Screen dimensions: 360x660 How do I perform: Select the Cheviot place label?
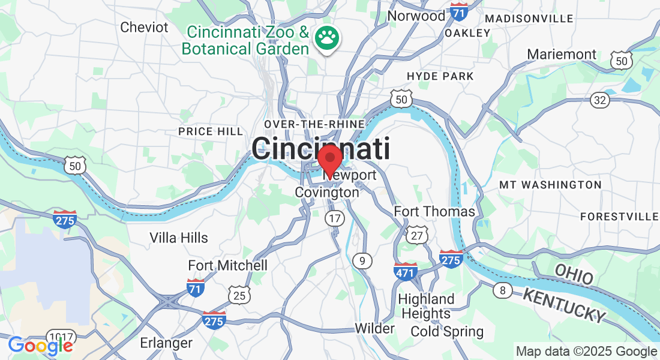tap(145, 27)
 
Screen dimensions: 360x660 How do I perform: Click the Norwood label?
tap(416, 16)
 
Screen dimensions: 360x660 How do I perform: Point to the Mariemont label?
tap(562, 55)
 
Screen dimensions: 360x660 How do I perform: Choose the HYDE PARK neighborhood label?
tap(440, 76)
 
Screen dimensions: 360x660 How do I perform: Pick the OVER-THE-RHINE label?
tap(314, 124)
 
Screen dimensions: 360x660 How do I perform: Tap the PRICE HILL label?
tap(211, 131)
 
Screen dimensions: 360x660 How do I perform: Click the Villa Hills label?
tap(179, 238)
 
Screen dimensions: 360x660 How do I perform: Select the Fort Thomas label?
tap(434, 212)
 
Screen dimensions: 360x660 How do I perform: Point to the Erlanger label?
tap(166, 343)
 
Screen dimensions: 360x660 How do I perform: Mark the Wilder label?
tap(374, 328)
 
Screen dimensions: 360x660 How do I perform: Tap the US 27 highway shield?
tap(417, 235)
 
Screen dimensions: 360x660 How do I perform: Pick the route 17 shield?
tap(335, 218)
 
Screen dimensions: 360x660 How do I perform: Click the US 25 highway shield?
tap(239, 295)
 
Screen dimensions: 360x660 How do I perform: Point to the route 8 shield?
tap(502, 291)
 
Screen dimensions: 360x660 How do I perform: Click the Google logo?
tap(40, 346)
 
